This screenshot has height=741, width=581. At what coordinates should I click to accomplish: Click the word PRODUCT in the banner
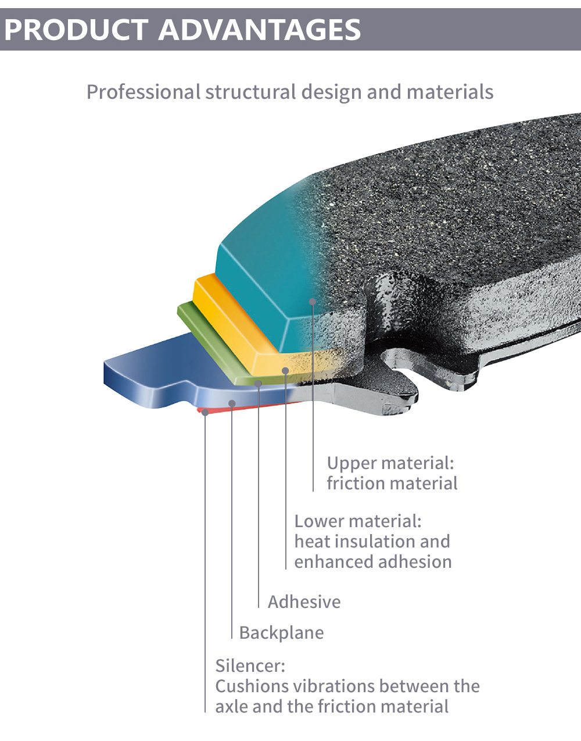pos(76,30)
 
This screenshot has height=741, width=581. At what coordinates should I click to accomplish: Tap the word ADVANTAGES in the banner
pos(260,30)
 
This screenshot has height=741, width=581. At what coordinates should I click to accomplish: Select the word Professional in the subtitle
pos(143,92)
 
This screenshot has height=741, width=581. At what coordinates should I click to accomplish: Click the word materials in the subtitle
pos(450,92)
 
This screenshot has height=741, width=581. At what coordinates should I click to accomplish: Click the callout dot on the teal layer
pos(313,302)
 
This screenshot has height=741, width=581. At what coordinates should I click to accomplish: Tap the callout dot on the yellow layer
pos(285,370)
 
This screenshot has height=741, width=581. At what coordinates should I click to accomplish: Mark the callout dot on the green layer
pos(259,384)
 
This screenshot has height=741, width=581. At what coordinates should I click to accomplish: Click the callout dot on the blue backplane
pos(232,403)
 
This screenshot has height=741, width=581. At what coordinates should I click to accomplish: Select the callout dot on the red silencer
pos(205,411)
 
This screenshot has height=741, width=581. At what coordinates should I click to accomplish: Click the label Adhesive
pos(304,602)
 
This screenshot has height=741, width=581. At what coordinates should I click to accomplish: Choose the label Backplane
pos(281,632)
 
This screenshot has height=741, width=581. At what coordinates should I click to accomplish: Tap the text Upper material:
pos(390,463)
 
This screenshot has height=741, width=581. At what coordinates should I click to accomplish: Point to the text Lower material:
pos(358,521)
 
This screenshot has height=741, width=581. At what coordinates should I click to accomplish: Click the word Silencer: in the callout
pos(250,665)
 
